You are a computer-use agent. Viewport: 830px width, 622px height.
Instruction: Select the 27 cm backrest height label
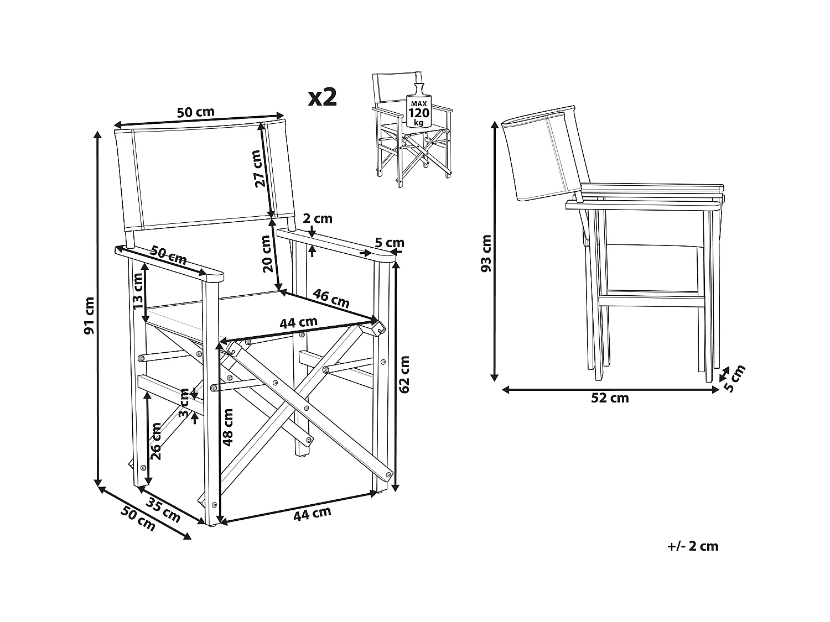(x=258, y=169)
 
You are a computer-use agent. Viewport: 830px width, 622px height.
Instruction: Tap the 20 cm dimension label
(x=267, y=254)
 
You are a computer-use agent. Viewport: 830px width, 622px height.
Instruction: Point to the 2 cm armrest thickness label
(x=318, y=218)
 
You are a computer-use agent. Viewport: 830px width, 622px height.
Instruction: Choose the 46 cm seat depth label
(x=331, y=298)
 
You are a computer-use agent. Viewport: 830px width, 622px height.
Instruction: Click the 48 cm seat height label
(x=227, y=427)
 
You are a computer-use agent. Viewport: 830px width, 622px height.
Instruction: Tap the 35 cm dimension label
(x=163, y=510)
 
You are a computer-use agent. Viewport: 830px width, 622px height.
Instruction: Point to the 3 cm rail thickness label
(x=184, y=404)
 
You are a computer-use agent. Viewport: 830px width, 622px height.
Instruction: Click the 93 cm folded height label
(x=486, y=254)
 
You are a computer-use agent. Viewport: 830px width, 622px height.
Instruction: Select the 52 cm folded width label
(x=610, y=398)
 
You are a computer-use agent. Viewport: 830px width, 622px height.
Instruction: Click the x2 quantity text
(x=322, y=97)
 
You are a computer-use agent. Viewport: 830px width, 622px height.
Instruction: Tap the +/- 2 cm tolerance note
(x=692, y=546)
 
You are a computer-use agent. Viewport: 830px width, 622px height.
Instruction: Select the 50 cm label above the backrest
(x=195, y=112)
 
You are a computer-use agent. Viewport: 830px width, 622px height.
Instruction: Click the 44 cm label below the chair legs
(x=312, y=514)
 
